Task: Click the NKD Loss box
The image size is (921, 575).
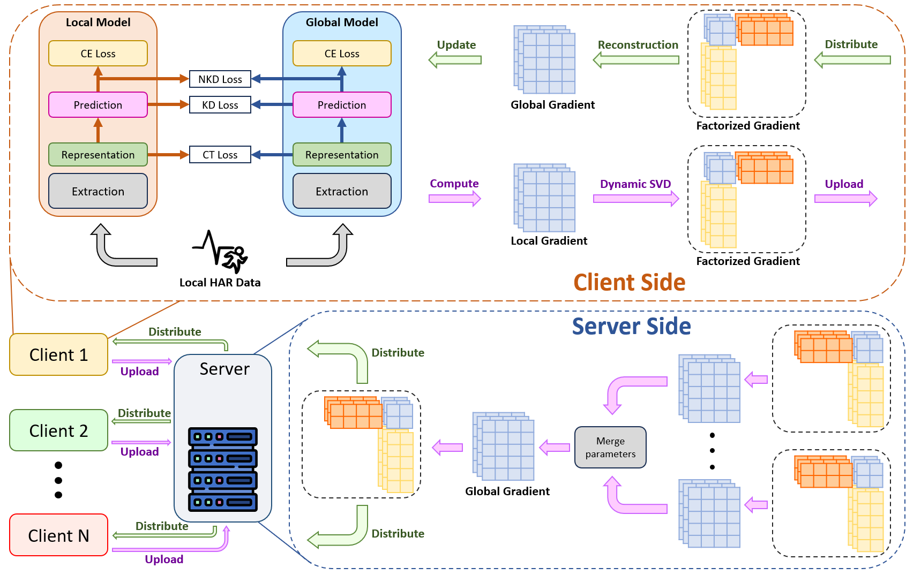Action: coord(220,79)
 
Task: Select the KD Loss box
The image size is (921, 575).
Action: coord(220,105)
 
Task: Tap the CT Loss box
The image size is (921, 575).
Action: coord(220,155)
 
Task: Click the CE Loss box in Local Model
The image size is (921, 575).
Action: coord(98,54)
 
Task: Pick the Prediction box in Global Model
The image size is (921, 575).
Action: coord(342,105)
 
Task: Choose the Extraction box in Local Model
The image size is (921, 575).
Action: coord(98,191)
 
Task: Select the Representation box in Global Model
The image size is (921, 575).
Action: coord(342,155)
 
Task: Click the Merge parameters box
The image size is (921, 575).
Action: coord(610,447)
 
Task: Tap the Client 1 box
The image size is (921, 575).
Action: coord(58,354)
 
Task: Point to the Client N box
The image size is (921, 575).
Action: coord(58,535)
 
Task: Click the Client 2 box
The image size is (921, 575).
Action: coord(58,430)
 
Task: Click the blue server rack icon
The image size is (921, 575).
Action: coord(223,469)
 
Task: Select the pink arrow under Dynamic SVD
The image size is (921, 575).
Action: coord(636,199)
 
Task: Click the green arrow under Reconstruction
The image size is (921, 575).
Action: coord(636,60)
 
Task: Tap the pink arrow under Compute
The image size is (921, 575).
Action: coord(454,199)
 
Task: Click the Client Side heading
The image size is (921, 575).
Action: coord(630,282)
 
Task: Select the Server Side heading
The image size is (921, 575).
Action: coord(631,326)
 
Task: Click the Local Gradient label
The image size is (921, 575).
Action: coord(549,241)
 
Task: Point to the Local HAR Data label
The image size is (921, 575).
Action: coord(220,283)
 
